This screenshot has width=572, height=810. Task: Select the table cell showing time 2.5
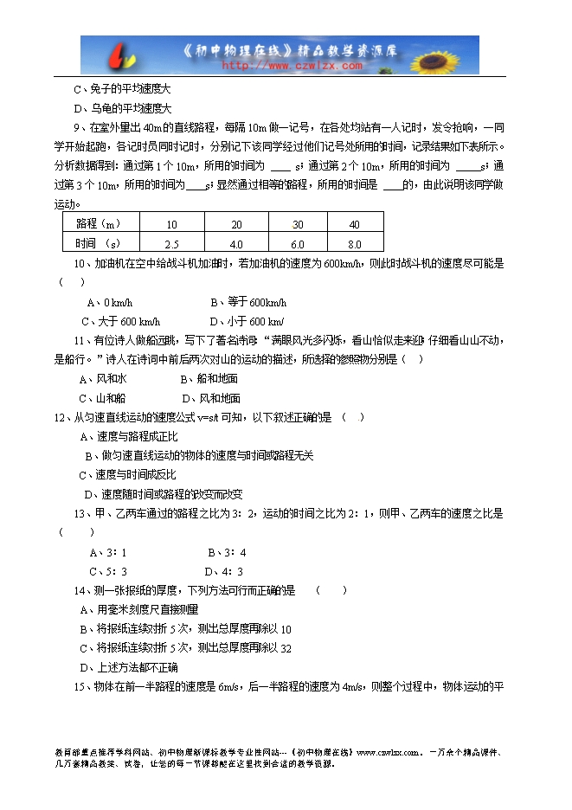[171, 244]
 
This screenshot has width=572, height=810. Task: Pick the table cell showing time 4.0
[235, 244]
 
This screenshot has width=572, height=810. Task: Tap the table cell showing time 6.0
[298, 244]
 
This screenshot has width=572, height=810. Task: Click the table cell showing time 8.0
[354, 244]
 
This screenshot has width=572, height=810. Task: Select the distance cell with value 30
[298, 224]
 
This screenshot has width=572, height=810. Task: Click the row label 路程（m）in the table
[100, 224]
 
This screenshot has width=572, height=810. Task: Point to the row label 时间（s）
[98, 244]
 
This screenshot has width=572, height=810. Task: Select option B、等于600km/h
[247, 303]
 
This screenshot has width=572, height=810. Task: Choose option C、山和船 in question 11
[101, 399]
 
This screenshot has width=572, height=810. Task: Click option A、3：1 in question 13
[108, 552]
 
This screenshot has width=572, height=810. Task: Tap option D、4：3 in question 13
[223, 571]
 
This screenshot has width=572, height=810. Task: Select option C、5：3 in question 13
[108, 571]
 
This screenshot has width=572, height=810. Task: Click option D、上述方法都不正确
[128, 667]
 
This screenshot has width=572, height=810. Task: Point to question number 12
[60, 418]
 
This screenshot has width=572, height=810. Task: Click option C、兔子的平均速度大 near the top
[122, 89]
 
